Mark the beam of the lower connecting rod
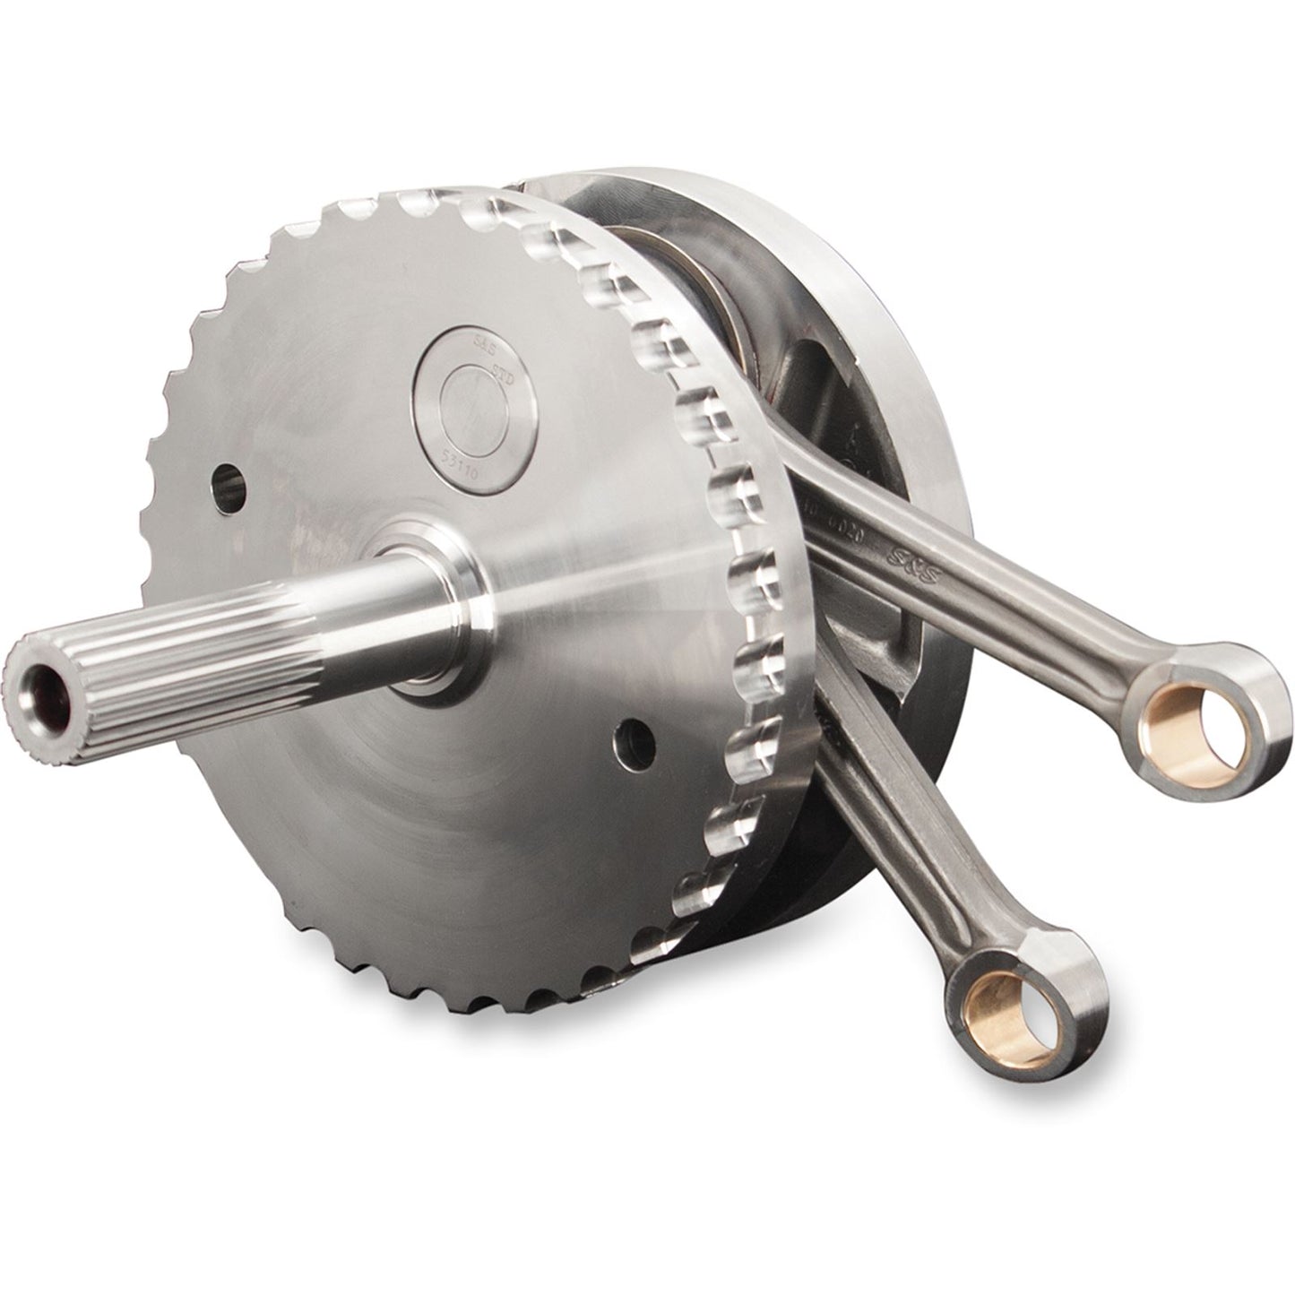click(887, 851)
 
